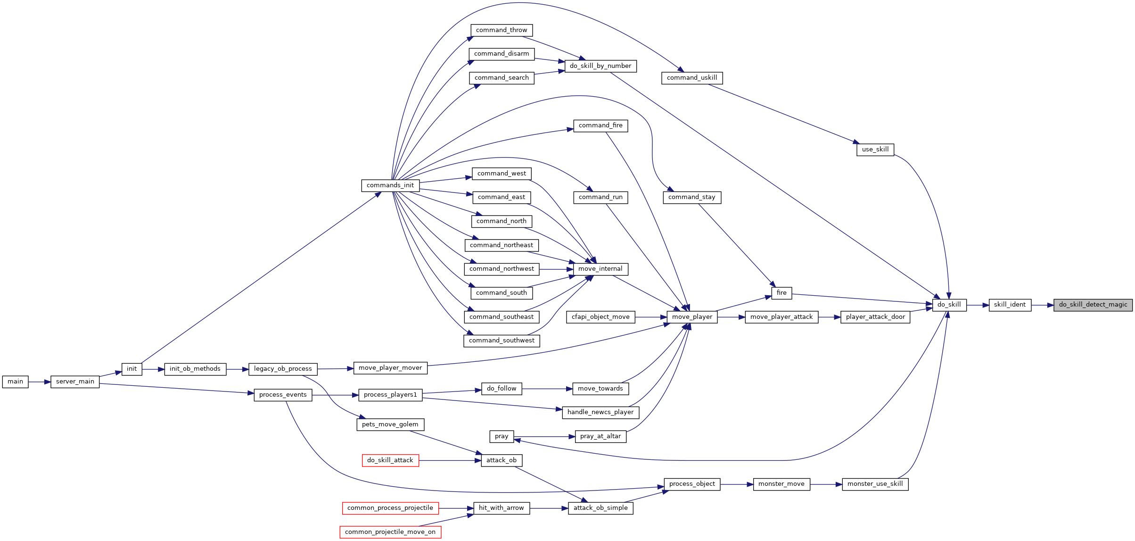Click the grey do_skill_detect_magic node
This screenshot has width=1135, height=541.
click(x=1093, y=305)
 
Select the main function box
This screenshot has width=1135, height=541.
click(x=15, y=382)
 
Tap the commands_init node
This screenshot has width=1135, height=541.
click(x=390, y=185)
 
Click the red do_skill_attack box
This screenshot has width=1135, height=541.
click(x=390, y=460)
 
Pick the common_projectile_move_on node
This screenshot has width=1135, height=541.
click(x=390, y=532)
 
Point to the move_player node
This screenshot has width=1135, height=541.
click(x=692, y=317)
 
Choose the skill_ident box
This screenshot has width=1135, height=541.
click(x=1010, y=305)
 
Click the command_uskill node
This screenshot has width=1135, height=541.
click(x=692, y=78)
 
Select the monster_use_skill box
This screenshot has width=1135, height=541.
click(x=875, y=484)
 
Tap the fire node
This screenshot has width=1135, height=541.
click(x=781, y=293)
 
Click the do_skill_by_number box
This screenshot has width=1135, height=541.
click(x=600, y=66)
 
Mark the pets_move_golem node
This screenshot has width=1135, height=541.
click(x=390, y=424)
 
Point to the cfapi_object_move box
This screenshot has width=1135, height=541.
click(x=600, y=317)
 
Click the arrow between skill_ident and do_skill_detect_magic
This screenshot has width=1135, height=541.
click(x=1043, y=305)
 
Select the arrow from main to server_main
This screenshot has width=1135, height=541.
click(x=40, y=382)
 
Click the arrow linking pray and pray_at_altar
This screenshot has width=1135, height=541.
click(x=544, y=437)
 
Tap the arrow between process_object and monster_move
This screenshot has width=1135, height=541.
click(x=737, y=484)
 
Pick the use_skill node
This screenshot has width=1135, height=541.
click(x=875, y=150)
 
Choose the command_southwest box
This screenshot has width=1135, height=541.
click(x=502, y=341)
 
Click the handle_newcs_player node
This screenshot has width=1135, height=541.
click(x=600, y=412)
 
